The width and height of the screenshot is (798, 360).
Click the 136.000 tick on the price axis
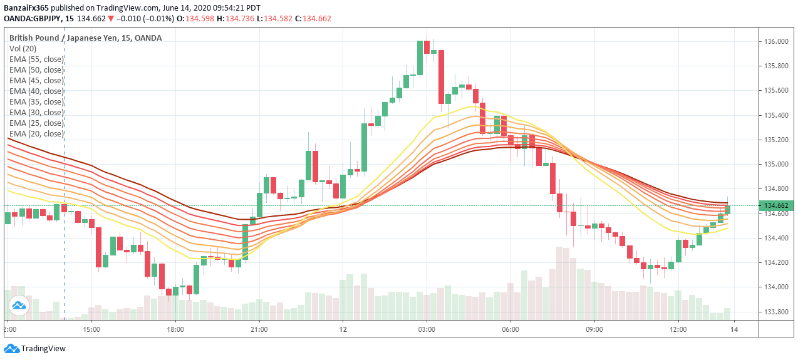click(x=776, y=41)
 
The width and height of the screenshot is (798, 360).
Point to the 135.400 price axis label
click(x=776, y=115)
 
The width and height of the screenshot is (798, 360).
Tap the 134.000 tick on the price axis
click(x=776, y=287)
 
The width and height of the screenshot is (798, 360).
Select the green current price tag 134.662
click(x=776, y=205)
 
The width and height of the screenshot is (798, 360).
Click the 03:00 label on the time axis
click(x=427, y=329)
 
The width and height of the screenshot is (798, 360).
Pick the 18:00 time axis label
click(x=175, y=329)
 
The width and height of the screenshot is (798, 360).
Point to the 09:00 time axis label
click(x=594, y=329)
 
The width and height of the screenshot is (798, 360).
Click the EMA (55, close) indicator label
click(x=36, y=59)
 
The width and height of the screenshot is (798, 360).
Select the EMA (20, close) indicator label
click(x=36, y=133)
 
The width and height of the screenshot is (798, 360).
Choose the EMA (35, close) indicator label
click(x=36, y=101)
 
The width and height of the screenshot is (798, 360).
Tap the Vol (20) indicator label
click(x=23, y=48)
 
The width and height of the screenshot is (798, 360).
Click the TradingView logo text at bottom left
click(x=43, y=349)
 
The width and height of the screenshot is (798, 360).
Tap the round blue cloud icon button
click(x=18, y=306)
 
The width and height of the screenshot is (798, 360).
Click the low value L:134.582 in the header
click(x=271, y=19)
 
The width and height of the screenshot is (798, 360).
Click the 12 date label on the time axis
click(x=343, y=329)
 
